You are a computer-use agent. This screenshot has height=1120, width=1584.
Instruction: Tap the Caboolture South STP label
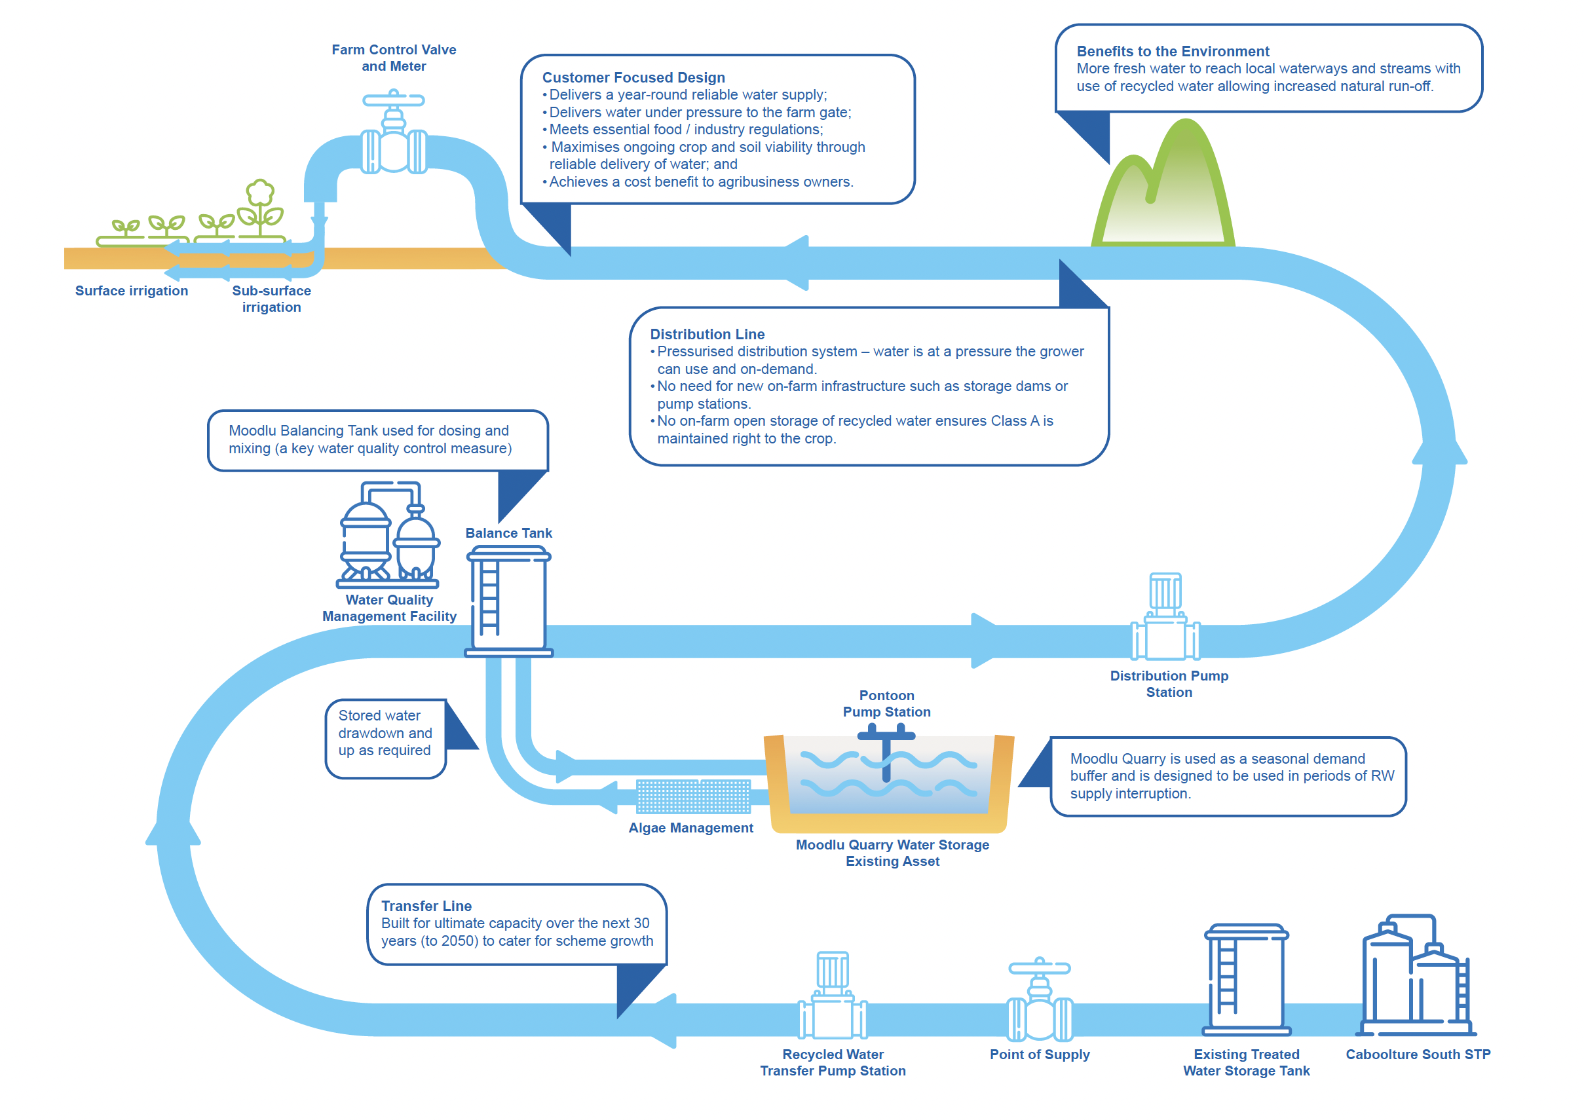click(1418, 1054)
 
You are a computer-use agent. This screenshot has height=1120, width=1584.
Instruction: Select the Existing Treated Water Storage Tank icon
click(1246, 979)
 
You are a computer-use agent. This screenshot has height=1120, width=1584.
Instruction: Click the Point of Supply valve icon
click(1040, 999)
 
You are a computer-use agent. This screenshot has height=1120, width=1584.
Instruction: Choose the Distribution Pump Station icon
click(1165, 616)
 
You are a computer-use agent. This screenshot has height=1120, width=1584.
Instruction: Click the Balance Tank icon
click(508, 601)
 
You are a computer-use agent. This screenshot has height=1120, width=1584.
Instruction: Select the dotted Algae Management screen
click(692, 796)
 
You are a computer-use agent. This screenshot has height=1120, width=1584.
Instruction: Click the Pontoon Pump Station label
click(886, 703)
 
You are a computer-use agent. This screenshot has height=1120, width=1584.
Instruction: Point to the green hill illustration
click(1163, 183)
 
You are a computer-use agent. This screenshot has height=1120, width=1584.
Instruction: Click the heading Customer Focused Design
click(633, 77)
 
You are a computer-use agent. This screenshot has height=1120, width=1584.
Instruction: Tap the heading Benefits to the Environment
click(1173, 51)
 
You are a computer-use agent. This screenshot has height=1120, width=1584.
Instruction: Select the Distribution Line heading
click(707, 334)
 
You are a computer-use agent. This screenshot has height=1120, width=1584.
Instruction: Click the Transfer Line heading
click(426, 906)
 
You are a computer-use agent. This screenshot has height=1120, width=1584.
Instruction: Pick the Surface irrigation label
click(131, 290)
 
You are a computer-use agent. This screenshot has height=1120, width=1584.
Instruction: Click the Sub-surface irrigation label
click(271, 299)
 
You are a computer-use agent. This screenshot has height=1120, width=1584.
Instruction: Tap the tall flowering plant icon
click(260, 208)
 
